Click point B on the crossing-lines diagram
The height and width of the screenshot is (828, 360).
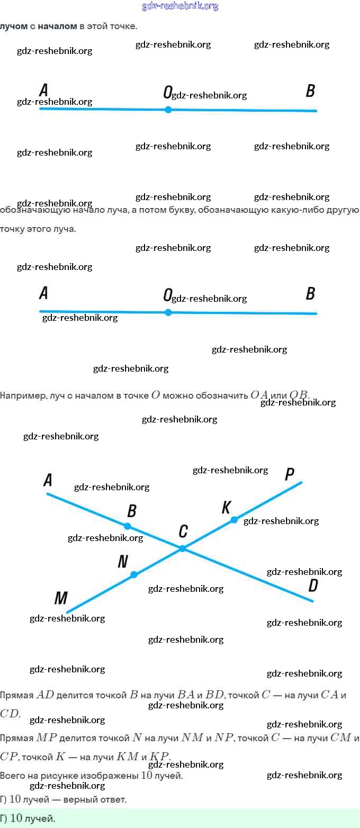coord(128,526)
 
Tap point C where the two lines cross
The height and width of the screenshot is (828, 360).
coord(183,548)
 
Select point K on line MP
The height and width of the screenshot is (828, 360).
coord(235,520)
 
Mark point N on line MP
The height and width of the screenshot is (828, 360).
coord(134,574)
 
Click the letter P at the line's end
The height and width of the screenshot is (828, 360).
coord(289,474)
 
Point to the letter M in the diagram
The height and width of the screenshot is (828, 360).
coord(61,598)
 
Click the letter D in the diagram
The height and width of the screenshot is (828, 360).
coord(313,585)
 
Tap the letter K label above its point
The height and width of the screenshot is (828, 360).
coord(226,507)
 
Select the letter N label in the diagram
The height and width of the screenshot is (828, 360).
coord(122,561)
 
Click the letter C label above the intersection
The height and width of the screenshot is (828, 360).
coord(183,531)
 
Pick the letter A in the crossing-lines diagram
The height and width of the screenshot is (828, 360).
coord(48,480)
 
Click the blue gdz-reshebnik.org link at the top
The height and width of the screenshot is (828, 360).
coord(180,6)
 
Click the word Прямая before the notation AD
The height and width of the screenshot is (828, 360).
coord(17,695)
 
